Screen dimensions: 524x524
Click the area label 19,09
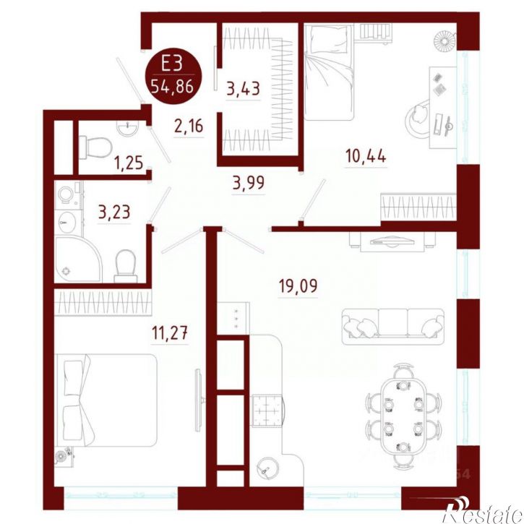pos(298,286)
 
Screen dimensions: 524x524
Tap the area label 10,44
pos(366,156)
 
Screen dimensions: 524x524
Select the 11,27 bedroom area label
pos(170,333)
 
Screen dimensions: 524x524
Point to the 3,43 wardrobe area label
pos(244,89)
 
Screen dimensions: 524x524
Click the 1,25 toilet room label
pos(129,163)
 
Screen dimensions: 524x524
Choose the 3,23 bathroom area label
pos(114,212)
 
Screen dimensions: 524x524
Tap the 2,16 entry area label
pos(189,126)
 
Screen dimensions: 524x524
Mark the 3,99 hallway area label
pos(249,183)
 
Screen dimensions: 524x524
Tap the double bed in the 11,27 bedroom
pos(106,400)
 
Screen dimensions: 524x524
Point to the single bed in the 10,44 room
pos(329,72)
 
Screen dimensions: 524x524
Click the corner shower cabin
pos(77,259)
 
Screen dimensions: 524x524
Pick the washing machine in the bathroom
pos(68,194)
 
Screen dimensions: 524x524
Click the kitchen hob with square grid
pos(267,410)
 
